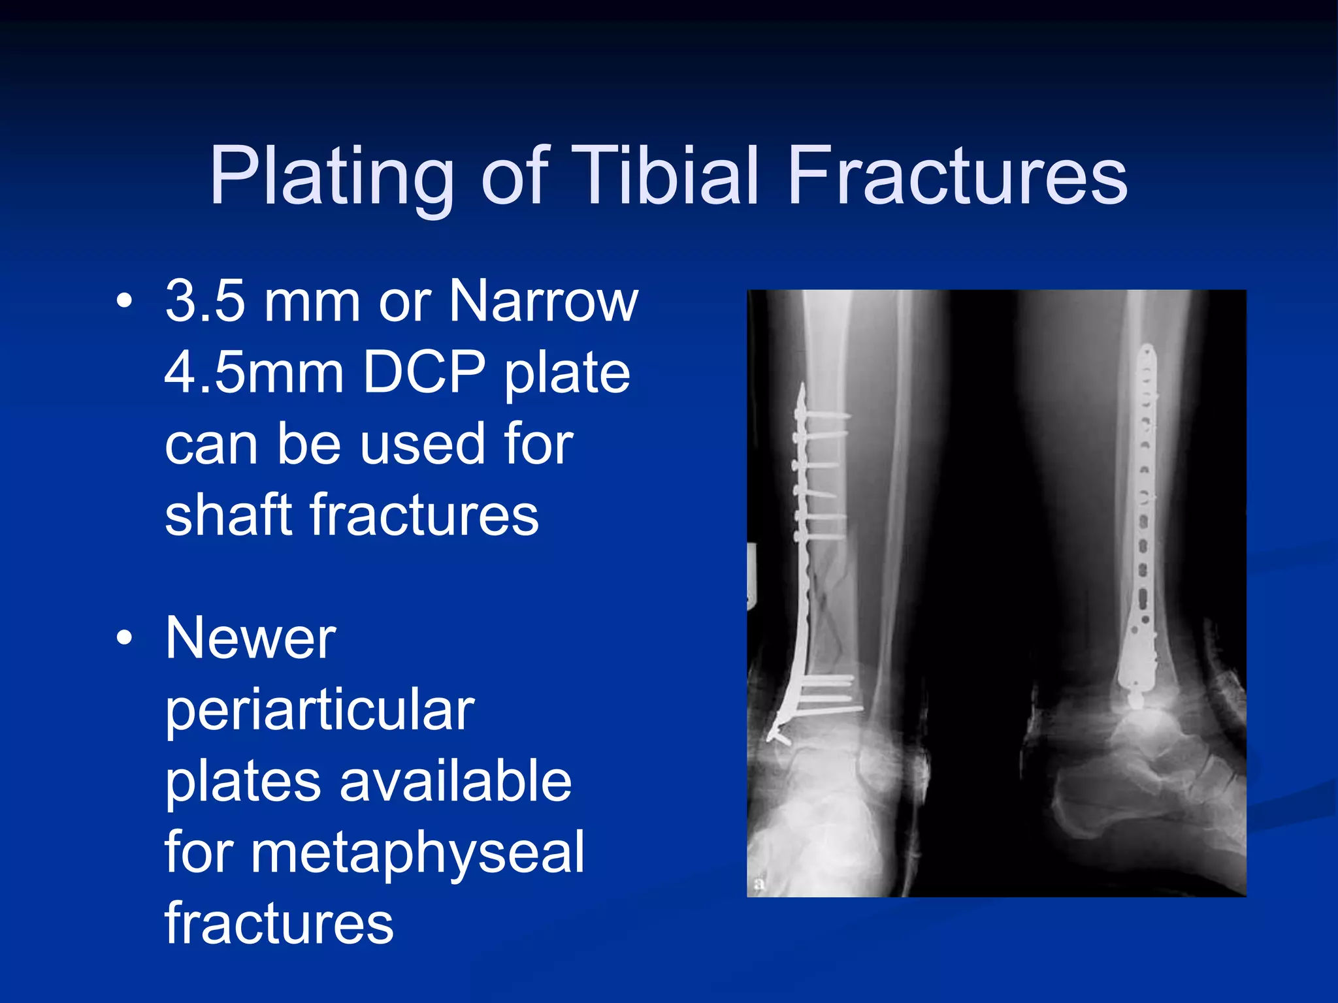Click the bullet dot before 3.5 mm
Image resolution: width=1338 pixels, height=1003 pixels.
pyautogui.click(x=124, y=301)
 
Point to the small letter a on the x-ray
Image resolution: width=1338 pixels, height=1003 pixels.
pyautogui.click(x=759, y=884)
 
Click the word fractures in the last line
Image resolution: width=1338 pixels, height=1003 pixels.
pyautogui.click(x=279, y=923)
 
